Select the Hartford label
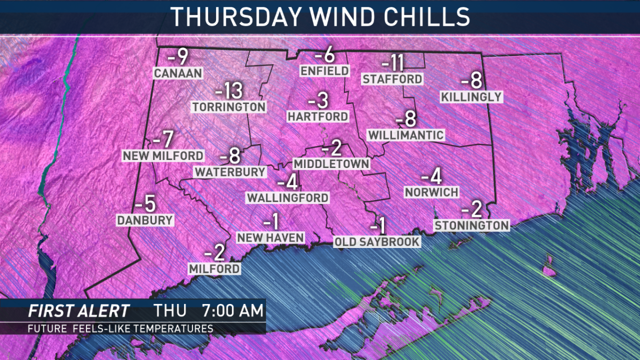click(x=318, y=116)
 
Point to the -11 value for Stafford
click(x=393, y=64)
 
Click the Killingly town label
click(x=471, y=97)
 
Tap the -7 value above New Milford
click(x=163, y=140)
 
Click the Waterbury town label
click(x=230, y=172)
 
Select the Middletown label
click(x=331, y=163)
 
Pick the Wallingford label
click(x=287, y=197)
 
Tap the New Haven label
click(x=270, y=237)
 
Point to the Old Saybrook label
click(x=377, y=242)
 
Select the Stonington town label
click(x=471, y=226)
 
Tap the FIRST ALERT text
click(x=78, y=311)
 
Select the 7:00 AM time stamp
click(x=232, y=311)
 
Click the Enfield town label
click(x=324, y=71)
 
